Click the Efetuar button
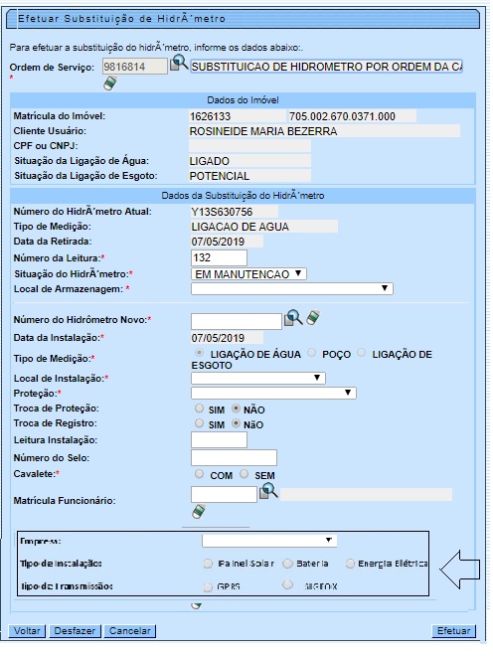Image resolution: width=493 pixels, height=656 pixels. pos(454,631)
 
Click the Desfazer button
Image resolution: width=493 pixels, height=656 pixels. pos(75,631)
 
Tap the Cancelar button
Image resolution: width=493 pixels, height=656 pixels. pos(130,631)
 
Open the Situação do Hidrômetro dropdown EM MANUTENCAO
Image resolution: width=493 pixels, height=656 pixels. pos(249,273)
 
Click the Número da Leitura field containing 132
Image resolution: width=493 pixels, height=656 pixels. pos(219,258)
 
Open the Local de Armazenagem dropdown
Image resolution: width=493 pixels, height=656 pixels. pos(291,288)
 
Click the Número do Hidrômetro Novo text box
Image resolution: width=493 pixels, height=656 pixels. pos(236,320)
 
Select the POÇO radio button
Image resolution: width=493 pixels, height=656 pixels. pos(313,353)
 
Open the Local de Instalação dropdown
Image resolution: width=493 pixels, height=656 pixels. pos(257,378)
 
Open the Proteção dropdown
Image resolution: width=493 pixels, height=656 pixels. pos(272,393)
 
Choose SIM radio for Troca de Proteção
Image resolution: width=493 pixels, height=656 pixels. pos(200,409)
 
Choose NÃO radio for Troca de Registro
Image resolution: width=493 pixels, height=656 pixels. pos(236,424)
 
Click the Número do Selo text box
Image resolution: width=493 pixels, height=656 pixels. pos(233,457)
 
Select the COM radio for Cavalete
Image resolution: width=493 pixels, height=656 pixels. pos(200,475)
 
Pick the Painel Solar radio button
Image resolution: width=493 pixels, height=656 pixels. pos(208,564)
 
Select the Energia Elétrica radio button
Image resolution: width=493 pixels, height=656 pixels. pos(351,564)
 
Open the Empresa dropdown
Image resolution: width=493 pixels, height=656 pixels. pos(268,541)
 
